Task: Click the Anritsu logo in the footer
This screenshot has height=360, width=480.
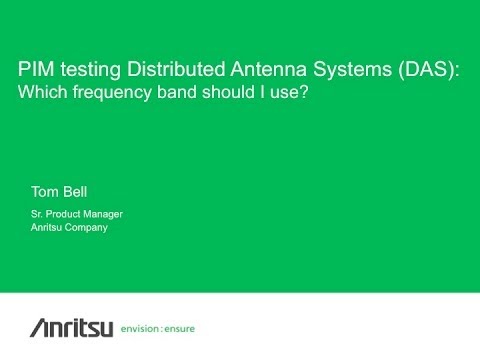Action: tap(60, 328)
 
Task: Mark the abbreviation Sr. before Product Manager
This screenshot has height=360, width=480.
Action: tap(39, 215)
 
